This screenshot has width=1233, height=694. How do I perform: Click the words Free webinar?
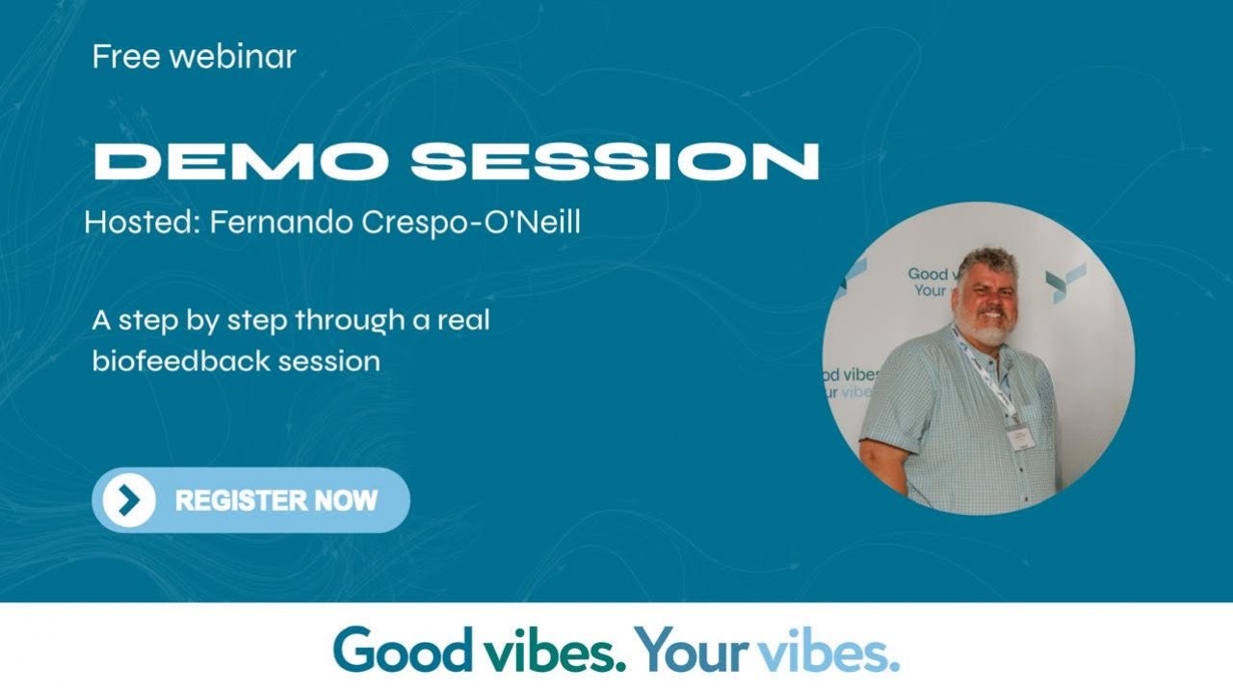[194, 57]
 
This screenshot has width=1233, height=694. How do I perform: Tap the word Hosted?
[141, 223]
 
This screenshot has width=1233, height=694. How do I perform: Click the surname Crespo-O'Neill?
[471, 223]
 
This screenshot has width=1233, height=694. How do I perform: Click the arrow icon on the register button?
[129, 500]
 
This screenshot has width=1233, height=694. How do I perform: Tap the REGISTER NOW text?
[276, 500]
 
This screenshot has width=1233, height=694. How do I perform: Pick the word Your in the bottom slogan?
[692, 651]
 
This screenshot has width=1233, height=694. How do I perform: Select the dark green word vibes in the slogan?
[549, 651]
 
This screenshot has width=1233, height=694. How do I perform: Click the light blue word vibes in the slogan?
[828, 651]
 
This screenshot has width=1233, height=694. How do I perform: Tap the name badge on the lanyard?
[1019, 436]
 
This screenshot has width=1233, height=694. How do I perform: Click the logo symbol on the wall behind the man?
[1065, 281]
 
